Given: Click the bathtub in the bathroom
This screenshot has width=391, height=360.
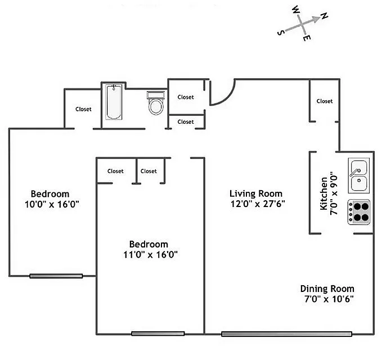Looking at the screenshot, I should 114,102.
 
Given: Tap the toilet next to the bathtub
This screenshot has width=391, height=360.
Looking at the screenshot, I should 155,104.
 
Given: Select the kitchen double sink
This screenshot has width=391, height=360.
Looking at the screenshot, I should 358,175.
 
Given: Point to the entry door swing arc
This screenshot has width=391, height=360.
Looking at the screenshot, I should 223,93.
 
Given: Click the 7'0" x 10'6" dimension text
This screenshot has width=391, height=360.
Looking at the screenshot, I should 329,299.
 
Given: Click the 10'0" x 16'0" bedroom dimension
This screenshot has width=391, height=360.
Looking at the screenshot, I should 51,204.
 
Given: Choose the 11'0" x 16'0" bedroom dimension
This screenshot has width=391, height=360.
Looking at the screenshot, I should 149,254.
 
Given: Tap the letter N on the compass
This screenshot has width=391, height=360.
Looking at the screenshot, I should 325,17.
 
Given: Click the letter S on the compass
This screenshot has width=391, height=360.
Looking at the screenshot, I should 280,33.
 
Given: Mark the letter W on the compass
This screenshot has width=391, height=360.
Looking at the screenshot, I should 295,10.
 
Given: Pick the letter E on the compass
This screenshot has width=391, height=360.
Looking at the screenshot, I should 306,38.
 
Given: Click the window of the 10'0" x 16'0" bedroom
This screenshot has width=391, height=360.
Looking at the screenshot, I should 56,276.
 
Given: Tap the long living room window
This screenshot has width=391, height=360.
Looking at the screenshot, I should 286,334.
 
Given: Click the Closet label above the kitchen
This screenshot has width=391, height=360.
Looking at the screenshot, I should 324,101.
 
